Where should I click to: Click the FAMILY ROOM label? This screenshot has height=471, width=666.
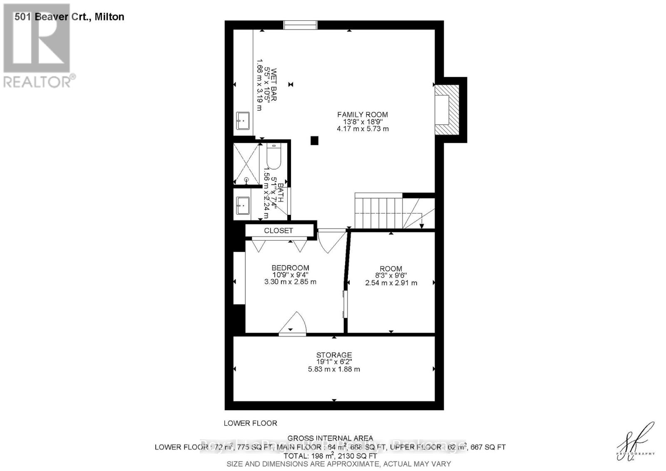[x=362, y=115]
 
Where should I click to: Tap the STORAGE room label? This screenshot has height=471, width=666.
[x=334, y=355]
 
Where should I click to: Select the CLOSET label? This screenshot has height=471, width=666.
[x=278, y=230]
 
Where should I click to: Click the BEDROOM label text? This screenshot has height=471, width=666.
[x=290, y=268]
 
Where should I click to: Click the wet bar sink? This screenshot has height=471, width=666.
[x=243, y=121]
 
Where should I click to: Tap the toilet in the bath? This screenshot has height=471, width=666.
[x=273, y=156]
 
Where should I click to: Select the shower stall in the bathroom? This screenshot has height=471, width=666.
[x=246, y=163]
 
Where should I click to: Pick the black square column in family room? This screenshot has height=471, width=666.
[x=314, y=141]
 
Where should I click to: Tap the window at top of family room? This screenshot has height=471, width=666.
[x=301, y=25]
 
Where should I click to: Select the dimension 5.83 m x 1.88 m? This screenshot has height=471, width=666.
[x=333, y=369]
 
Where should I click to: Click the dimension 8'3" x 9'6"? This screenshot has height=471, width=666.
[x=391, y=276]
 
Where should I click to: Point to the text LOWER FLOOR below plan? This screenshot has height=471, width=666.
[x=250, y=423]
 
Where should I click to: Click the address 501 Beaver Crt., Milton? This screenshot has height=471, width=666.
[x=69, y=17]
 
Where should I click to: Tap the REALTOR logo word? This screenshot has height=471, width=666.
[x=37, y=82]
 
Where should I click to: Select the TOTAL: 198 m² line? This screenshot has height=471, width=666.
[x=330, y=456]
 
